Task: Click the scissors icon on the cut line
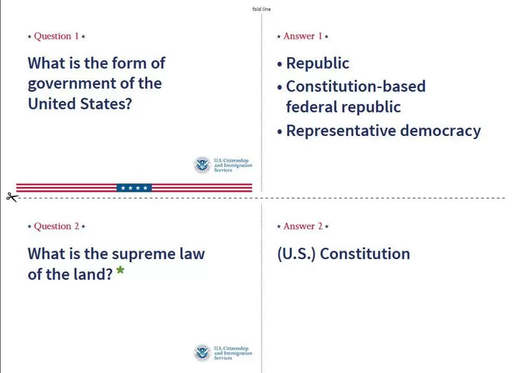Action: pos(12,197)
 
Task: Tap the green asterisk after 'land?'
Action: pos(120,270)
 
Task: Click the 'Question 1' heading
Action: pos(56,36)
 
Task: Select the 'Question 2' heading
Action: pos(56,226)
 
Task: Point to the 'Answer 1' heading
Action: pos(303,36)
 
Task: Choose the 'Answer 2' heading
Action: pos(303,226)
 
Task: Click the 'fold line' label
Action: pos(261,9)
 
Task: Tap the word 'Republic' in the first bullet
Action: pos(318,63)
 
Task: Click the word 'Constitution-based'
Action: pos(356,87)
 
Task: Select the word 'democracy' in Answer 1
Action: pos(440,131)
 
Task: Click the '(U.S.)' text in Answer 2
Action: pos(296,254)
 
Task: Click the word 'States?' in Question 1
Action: pos(106,104)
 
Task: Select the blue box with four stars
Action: pos(134,188)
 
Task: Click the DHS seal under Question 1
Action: pos(202,164)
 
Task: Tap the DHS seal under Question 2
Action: pos(202,352)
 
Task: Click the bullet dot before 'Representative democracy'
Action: pos(280,131)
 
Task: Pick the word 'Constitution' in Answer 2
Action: pos(365,254)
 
